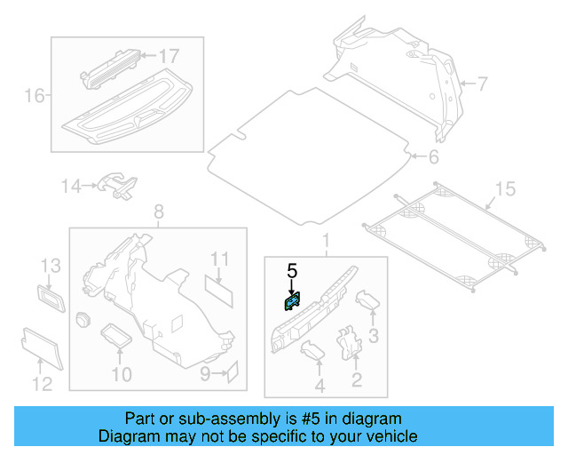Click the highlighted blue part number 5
(291, 302)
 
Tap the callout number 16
(34, 95)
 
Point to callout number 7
(482, 84)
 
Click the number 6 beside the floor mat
(433, 158)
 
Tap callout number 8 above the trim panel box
(159, 212)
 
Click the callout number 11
(219, 259)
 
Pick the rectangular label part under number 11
(218, 286)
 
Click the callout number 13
(51, 266)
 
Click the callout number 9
(205, 374)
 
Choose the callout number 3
(374, 335)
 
